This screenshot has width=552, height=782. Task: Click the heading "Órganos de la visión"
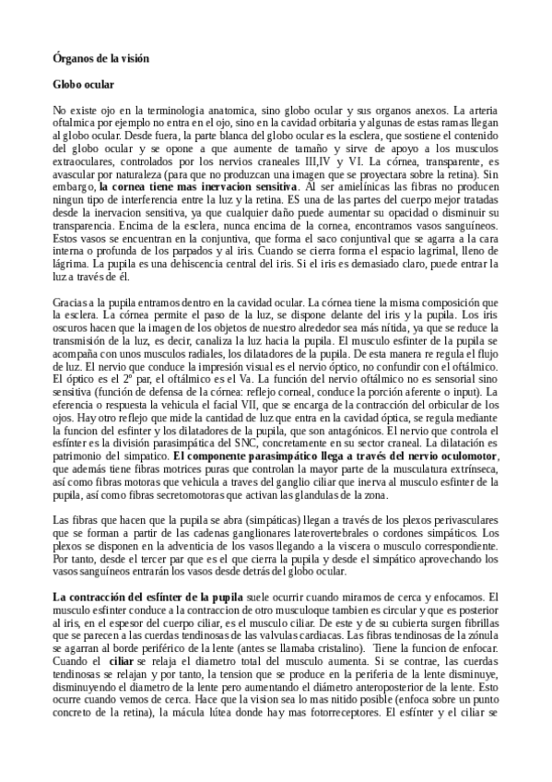pos(100,57)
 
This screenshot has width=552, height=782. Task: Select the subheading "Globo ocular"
pos(83,85)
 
